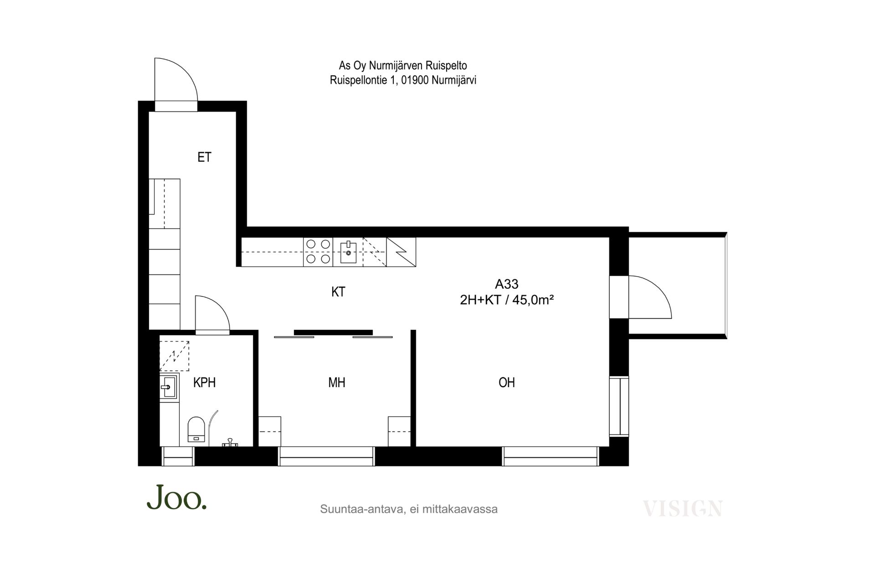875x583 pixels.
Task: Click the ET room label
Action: coord(204,157)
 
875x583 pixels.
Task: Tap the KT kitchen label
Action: coord(338,292)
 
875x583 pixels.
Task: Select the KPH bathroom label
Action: coord(204,383)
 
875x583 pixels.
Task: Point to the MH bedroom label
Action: coord(337,383)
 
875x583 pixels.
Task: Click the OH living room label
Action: coord(507,383)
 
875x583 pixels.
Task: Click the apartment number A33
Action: coord(507,284)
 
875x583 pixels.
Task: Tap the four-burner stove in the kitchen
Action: coord(318,252)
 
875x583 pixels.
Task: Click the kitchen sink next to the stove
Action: coord(348,252)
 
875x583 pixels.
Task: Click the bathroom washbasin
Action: coord(168,387)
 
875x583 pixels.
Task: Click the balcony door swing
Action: coord(649,297)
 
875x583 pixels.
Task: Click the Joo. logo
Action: coord(176,497)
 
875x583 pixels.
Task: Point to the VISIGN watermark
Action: coord(682,508)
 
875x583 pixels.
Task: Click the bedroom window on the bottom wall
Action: coord(326,456)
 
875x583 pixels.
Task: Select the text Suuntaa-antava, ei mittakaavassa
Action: coord(409,509)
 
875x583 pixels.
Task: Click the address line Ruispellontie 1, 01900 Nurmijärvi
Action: coord(403,81)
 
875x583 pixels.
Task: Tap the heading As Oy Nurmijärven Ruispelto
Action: coord(403,66)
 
